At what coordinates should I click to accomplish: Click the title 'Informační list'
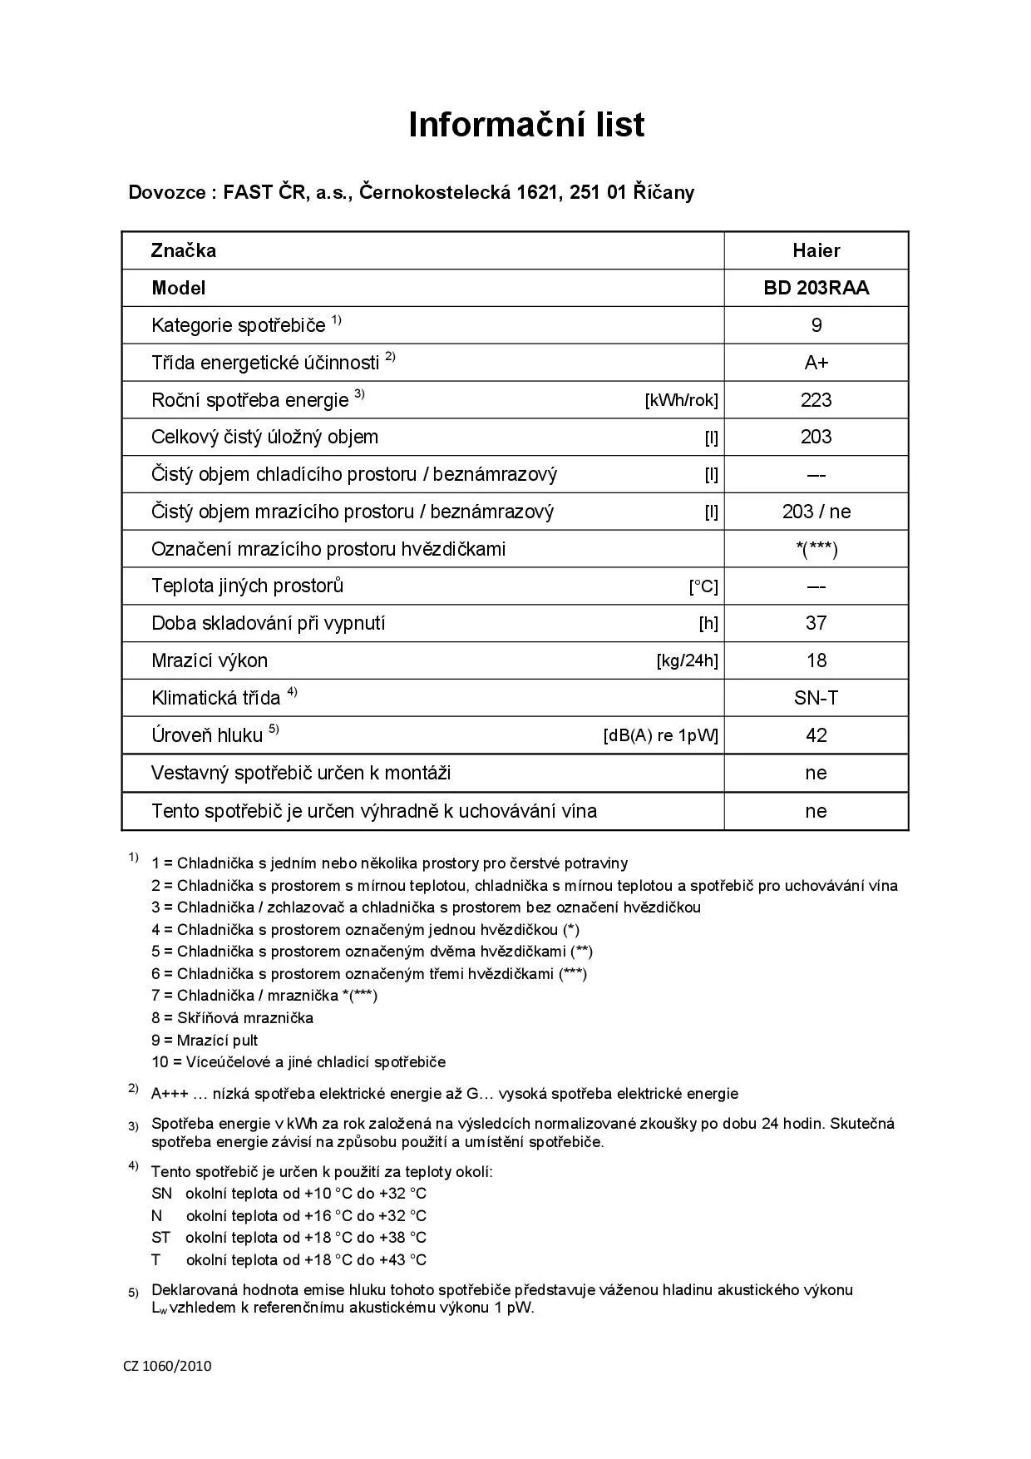pos(526,125)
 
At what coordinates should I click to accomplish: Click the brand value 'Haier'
pos(816,250)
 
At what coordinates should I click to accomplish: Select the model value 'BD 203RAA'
pos(816,288)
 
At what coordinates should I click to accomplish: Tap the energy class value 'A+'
pos(816,363)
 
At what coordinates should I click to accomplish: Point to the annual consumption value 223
pos(816,400)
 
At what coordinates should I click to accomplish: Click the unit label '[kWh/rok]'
pos(681,400)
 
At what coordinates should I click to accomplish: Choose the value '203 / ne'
pos(816,512)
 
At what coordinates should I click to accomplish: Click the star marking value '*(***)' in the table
pos(816,549)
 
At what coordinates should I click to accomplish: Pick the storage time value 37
pos(816,623)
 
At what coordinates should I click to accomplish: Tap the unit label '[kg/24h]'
pos(687,661)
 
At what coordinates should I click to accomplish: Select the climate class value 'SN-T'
pos(816,698)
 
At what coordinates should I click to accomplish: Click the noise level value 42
pos(816,735)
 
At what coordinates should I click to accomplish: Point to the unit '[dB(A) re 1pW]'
pos(660,736)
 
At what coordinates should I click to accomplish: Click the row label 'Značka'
pos(184,250)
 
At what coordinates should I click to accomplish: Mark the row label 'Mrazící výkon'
pos(210,661)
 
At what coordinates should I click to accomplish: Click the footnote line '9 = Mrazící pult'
pos(205,1040)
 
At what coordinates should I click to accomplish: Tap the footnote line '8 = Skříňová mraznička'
pos(232,1017)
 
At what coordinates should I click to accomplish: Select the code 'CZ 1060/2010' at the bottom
pos(168,1365)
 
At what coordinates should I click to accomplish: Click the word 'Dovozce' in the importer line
pos(167,193)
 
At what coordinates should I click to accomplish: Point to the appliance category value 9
pos(816,325)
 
